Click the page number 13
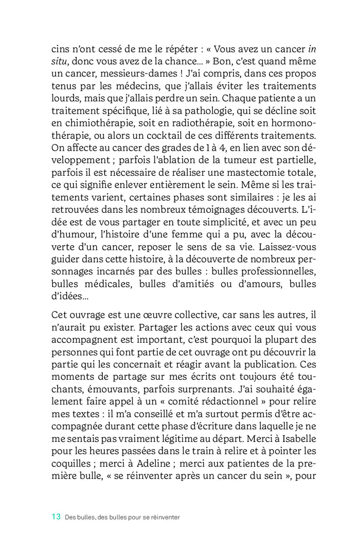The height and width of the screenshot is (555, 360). tap(57, 517)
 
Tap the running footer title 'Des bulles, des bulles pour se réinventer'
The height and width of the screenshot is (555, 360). tap(122, 517)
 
